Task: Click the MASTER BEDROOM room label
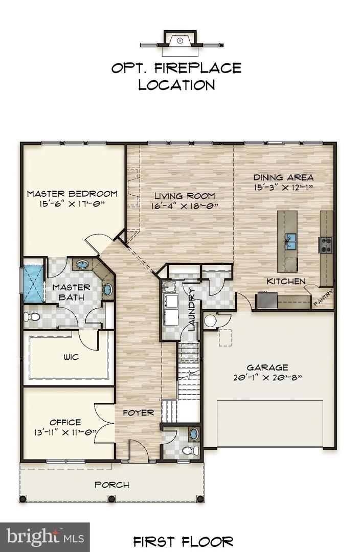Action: pyautogui.click(x=72, y=194)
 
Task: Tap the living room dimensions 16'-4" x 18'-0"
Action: pyautogui.click(x=185, y=206)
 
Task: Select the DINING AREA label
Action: pyautogui.click(x=283, y=177)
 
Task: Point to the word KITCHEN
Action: pyautogui.click(x=286, y=281)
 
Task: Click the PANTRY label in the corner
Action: pyautogui.click(x=323, y=298)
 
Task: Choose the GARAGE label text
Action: pyautogui.click(x=267, y=367)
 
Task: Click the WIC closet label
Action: pyautogui.click(x=72, y=357)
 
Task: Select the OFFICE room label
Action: pyautogui.click(x=65, y=422)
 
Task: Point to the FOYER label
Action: pyautogui.click(x=138, y=412)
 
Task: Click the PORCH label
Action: pyautogui.click(x=111, y=485)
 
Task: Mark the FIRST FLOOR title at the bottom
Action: pyautogui.click(x=183, y=541)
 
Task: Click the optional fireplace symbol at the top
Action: pyautogui.click(x=179, y=40)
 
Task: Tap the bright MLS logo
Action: pyautogui.click(x=44, y=537)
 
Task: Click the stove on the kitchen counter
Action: pyautogui.click(x=325, y=245)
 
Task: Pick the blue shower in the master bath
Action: pyautogui.click(x=34, y=283)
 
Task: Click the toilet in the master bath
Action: pyautogui.click(x=32, y=317)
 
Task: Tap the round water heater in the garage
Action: pyautogui.click(x=210, y=320)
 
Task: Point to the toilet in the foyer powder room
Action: pyautogui.click(x=190, y=450)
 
